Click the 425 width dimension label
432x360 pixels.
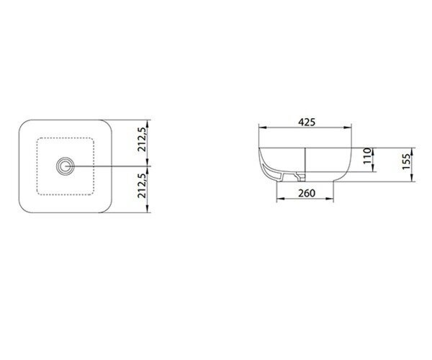307,122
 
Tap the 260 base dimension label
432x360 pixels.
307,194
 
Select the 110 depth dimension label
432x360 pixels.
367,156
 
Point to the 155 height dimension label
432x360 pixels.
406,162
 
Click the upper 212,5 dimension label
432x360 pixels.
142,140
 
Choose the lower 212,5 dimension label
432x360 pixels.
142,186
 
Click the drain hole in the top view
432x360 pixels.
66,166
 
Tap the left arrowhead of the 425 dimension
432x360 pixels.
262,127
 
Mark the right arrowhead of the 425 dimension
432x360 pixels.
348,127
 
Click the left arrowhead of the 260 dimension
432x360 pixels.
280,198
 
